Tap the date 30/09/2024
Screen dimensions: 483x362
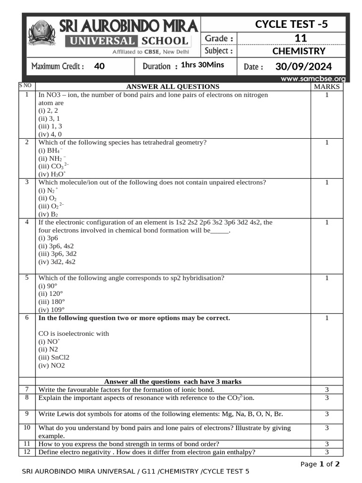[x=304, y=67]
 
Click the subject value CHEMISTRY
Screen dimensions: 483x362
[x=299, y=51]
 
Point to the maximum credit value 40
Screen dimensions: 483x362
[x=99, y=67]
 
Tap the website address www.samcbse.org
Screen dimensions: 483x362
[x=313, y=79]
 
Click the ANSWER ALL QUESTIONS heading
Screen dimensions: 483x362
[x=173, y=87]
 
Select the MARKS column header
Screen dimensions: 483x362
[x=327, y=87]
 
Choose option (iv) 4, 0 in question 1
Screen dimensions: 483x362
[x=50, y=134]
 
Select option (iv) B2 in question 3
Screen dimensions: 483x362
[x=48, y=214]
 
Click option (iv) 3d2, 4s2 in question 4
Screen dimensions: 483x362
[x=57, y=262]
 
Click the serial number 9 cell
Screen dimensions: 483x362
[x=27, y=414]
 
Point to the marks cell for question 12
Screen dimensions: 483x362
[x=327, y=452]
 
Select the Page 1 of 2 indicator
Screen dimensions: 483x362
[x=320, y=464]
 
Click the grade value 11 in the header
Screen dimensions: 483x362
[x=300, y=38]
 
